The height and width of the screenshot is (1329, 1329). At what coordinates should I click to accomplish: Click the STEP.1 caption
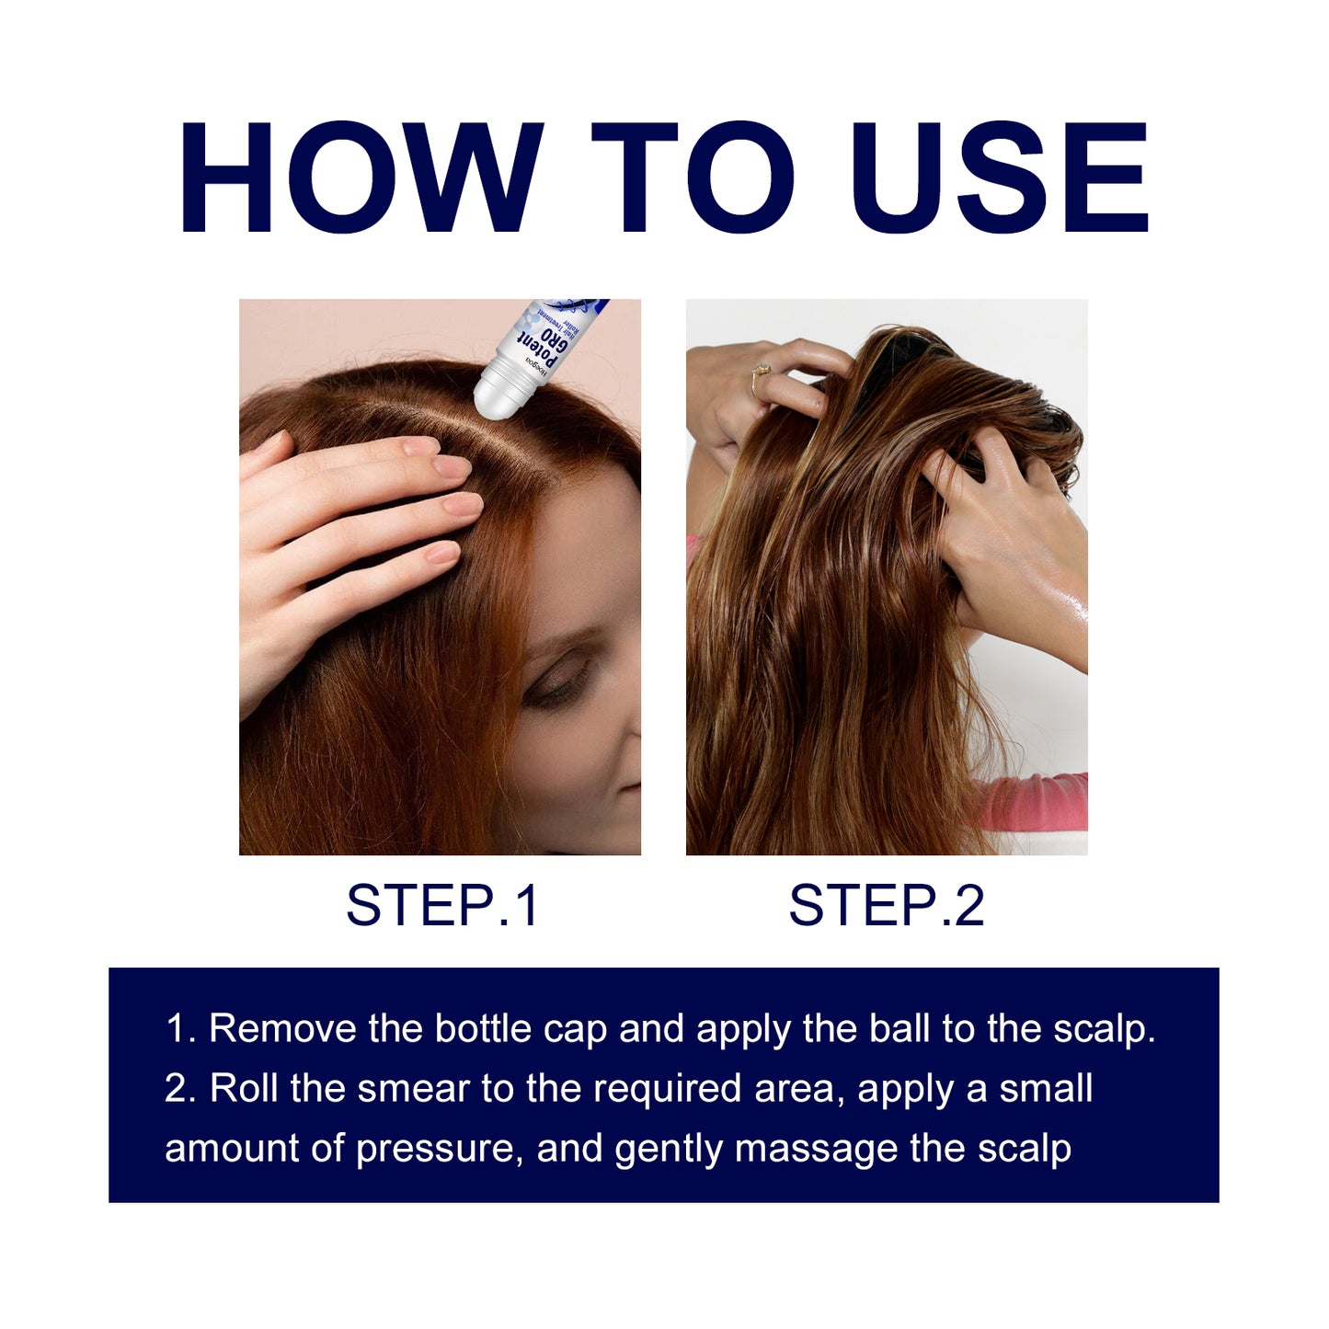point(441,905)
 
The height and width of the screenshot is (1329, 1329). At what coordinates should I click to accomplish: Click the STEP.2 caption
point(887,905)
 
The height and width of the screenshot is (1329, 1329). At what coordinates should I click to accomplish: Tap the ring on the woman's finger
point(762,371)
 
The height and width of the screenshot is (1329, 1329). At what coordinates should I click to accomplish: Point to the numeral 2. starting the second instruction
point(180,1089)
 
